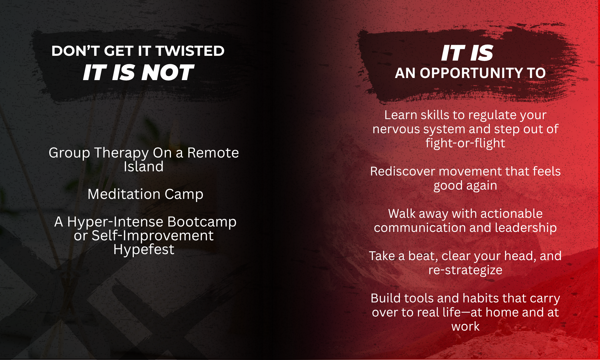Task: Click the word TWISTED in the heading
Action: tap(190, 51)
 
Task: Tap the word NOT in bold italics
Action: tap(168, 73)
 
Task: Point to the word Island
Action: tap(144, 166)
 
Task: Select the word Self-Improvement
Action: tap(152, 236)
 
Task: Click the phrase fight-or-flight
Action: tap(465, 143)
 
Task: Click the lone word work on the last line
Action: tap(465, 327)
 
